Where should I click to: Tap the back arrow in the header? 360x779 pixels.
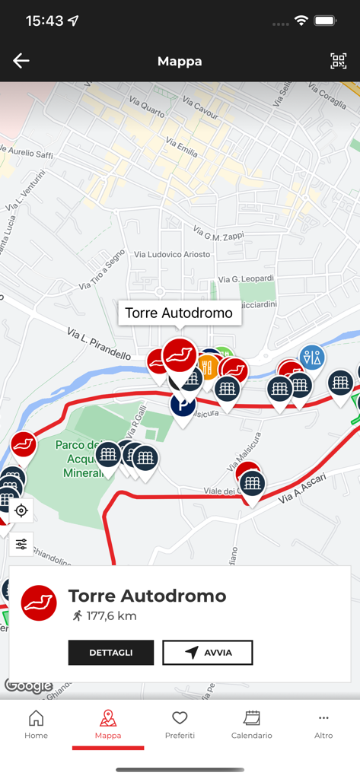pyautogui.click(x=21, y=61)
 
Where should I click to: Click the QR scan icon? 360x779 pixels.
pyautogui.click(x=338, y=61)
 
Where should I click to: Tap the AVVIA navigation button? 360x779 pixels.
pyautogui.click(x=207, y=653)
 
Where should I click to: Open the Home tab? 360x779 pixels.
pyautogui.click(x=36, y=724)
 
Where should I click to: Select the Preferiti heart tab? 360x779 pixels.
pyautogui.click(x=180, y=724)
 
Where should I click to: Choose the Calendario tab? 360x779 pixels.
pyautogui.click(x=252, y=724)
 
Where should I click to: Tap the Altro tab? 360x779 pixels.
pyautogui.click(x=323, y=724)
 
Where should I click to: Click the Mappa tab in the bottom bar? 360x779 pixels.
pyautogui.click(x=108, y=724)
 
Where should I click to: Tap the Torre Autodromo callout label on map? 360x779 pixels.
pyautogui.click(x=179, y=313)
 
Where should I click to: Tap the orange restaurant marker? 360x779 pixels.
pyautogui.click(x=208, y=368)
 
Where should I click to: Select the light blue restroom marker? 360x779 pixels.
pyautogui.click(x=311, y=358)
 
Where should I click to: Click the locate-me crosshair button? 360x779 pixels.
pyautogui.click(x=21, y=510)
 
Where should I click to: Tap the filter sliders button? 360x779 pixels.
pyautogui.click(x=21, y=543)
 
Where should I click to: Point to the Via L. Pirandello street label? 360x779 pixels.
pyautogui.click(x=99, y=344)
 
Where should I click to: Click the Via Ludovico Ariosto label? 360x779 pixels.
pyautogui.click(x=172, y=254)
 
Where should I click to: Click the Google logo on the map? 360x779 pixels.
pyautogui.click(x=28, y=685)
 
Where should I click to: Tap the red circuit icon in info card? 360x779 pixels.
pyautogui.click(x=39, y=603)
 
